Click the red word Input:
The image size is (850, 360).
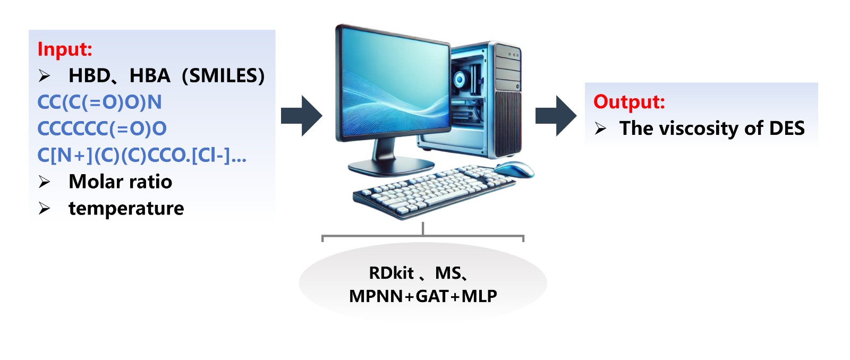(65, 49)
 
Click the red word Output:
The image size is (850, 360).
(629, 101)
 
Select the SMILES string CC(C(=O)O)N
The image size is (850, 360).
(99, 102)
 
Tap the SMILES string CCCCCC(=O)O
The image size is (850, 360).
(102, 128)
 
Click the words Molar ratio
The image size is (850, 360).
(121, 182)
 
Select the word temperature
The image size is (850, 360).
(126, 208)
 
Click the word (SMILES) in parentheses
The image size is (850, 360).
(223, 76)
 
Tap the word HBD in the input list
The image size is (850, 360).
(89, 76)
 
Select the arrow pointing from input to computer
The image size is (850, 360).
(301, 116)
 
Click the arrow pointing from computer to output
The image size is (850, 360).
(556, 116)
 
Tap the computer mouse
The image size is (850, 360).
(514, 169)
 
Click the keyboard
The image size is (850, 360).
(433, 191)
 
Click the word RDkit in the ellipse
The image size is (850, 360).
(391, 273)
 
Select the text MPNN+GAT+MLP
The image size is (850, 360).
(423, 296)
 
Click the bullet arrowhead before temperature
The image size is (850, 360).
(44, 209)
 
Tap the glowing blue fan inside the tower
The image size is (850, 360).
(461, 80)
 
